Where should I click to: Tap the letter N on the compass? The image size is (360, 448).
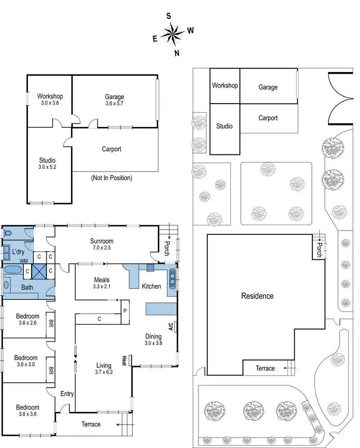(177, 53)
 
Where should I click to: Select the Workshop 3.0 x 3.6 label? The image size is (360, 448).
(49, 99)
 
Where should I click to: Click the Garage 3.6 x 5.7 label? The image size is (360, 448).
(114, 100)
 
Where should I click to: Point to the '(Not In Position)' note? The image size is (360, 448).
(111, 178)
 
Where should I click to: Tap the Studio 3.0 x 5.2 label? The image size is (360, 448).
(47, 163)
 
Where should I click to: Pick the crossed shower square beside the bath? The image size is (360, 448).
(39, 271)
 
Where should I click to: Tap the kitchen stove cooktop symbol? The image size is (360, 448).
(150, 268)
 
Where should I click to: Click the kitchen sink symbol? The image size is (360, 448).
(172, 279)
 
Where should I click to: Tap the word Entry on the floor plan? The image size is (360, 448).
(67, 394)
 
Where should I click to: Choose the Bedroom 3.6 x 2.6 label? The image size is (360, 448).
(27, 319)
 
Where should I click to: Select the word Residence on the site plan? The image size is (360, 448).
(257, 296)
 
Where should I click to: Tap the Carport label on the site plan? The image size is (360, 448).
(268, 118)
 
